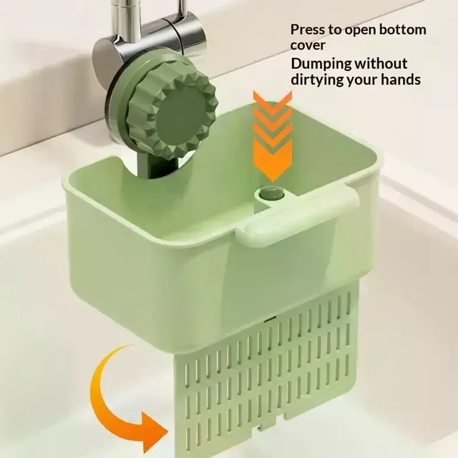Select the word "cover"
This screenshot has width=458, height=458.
[x=308, y=45]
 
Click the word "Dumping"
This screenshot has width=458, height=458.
[x=321, y=64]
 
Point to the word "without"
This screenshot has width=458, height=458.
[x=381, y=64]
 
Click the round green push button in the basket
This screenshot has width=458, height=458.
[x=270, y=193]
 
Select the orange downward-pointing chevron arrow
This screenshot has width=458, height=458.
[x=273, y=135]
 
